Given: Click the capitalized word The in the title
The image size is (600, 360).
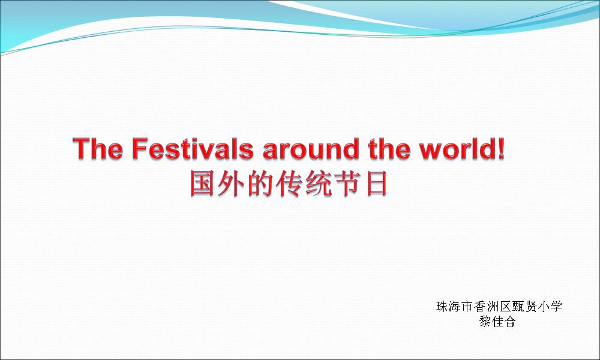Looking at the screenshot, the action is (x=98, y=148).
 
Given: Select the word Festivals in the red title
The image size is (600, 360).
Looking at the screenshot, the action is (x=193, y=148).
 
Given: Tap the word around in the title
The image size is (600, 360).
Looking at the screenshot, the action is (x=311, y=149).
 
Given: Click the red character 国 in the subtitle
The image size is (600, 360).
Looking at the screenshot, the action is (x=203, y=184).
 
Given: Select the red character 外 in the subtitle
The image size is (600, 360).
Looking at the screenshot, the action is (x=231, y=184).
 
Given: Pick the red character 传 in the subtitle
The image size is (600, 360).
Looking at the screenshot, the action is (x=289, y=184).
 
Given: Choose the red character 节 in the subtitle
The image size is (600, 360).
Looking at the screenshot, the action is (x=347, y=184).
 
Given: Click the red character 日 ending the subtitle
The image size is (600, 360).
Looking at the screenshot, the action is (x=376, y=184).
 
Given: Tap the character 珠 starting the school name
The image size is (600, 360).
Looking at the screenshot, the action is (x=442, y=307).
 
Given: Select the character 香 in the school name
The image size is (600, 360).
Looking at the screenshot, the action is (x=480, y=307).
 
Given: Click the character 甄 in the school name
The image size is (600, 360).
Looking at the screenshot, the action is (x=518, y=307).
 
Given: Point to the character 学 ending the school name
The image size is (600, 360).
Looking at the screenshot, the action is (x=556, y=307).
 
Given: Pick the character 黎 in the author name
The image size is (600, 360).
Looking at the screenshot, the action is (x=485, y=321).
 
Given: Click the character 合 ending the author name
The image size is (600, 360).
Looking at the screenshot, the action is (x=510, y=321).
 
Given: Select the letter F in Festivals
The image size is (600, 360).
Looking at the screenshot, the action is (x=139, y=148).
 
